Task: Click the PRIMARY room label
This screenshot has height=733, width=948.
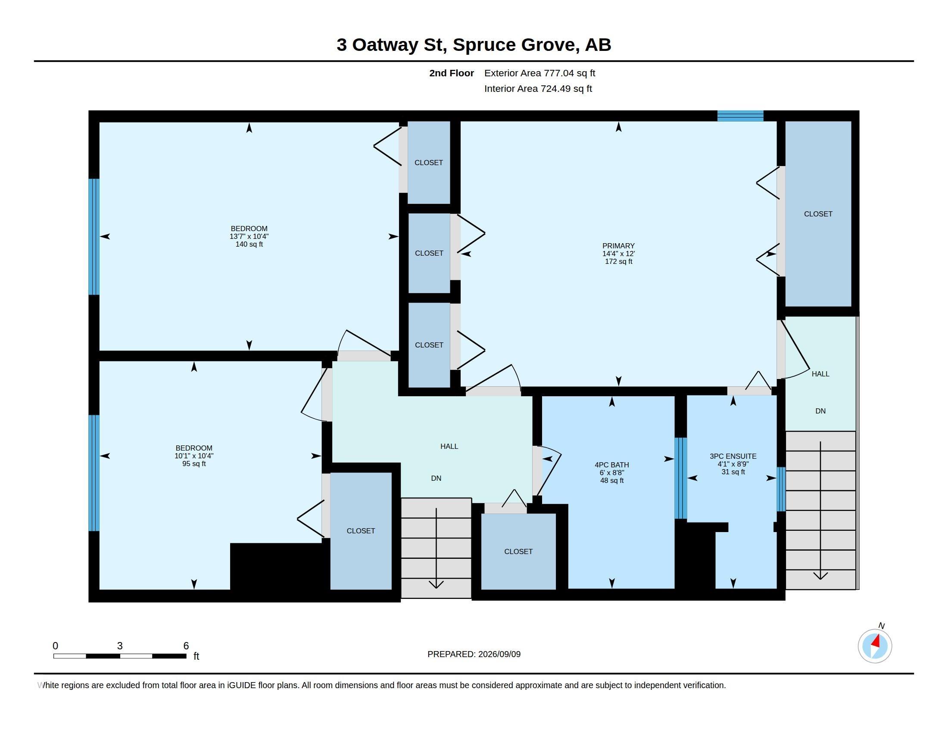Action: (618, 246)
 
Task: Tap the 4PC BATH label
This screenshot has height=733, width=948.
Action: (611, 465)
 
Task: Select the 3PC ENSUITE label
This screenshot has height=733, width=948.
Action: (733, 456)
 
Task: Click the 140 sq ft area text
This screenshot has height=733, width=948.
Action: (249, 244)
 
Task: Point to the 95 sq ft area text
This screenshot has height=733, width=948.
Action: (194, 464)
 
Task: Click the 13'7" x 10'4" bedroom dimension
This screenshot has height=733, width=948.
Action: (249, 236)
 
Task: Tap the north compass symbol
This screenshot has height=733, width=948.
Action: (875, 646)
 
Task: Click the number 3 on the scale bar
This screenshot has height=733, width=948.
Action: (120, 646)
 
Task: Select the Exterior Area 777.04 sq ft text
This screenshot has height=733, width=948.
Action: (539, 73)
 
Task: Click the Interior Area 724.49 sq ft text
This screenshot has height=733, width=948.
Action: (538, 88)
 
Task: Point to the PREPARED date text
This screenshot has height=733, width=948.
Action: (474, 654)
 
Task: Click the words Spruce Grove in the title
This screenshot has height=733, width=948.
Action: (516, 45)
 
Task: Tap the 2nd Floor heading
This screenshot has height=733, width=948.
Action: (452, 73)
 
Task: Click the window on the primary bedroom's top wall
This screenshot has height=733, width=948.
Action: (740, 116)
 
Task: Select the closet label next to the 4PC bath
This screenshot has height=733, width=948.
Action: (518, 551)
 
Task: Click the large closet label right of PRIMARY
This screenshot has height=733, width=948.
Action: (818, 213)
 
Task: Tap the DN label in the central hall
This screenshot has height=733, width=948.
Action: (436, 478)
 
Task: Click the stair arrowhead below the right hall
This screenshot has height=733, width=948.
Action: (820, 576)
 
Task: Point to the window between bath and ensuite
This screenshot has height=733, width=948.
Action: (680, 478)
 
